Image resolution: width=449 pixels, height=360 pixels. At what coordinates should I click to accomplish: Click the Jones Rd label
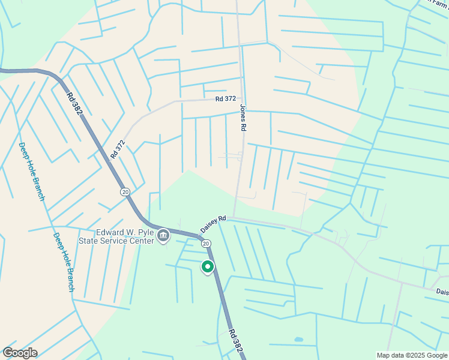click(243, 118)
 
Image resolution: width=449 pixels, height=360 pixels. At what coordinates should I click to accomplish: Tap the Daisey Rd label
click(213, 225)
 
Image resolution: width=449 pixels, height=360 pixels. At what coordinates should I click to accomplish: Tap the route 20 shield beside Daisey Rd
click(206, 243)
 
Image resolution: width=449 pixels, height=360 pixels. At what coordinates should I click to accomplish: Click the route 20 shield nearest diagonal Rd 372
click(124, 191)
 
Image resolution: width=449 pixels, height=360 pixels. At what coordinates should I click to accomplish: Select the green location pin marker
click(208, 266)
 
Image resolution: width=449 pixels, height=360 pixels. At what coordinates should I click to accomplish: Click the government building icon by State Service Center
click(163, 237)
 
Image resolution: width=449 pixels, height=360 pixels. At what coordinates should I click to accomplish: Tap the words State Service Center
click(116, 242)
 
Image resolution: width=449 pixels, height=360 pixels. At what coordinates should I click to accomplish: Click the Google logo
click(20, 352)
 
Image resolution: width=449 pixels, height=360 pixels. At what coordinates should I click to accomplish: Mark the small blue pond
click(298, 340)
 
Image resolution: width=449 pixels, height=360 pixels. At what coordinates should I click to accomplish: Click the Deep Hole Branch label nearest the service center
click(64, 262)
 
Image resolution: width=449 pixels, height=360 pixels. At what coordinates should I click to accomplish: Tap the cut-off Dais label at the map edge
click(442, 292)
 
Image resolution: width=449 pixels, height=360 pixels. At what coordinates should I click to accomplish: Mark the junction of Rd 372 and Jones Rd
click(242, 98)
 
